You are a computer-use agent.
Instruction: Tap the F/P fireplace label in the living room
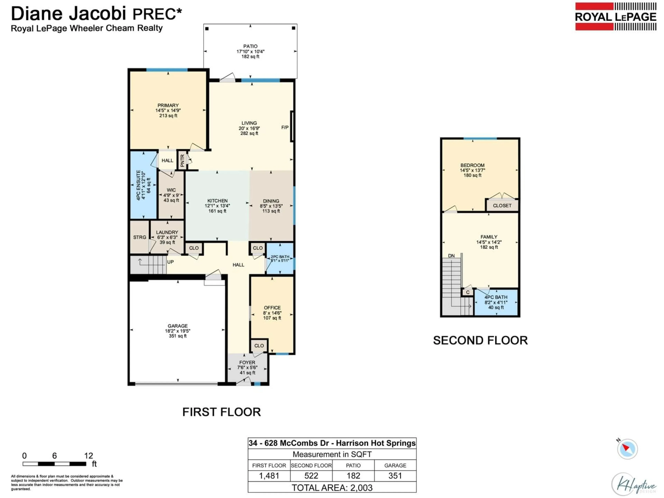click(x=285, y=128)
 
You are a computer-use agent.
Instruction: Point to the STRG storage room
click(x=140, y=237)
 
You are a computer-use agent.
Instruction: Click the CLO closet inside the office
click(x=259, y=345)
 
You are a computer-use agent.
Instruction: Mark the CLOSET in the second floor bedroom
click(x=502, y=206)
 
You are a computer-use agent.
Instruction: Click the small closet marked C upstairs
click(x=467, y=292)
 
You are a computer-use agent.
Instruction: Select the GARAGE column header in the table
click(x=395, y=465)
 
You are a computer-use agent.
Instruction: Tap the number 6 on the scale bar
click(x=54, y=456)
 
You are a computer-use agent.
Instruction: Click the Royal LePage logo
click(x=615, y=16)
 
